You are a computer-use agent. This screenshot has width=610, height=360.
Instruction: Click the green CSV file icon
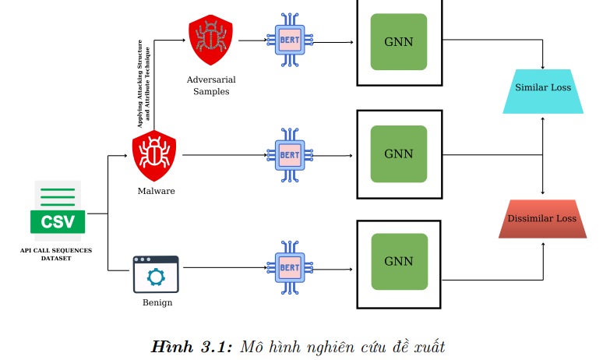pyautogui.click(x=57, y=207)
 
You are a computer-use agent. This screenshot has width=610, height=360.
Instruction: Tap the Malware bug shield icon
pyautogui.click(x=154, y=155)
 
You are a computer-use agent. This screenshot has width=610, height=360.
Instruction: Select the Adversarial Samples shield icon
pyautogui.click(x=210, y=40)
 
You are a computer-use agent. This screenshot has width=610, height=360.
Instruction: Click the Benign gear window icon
pyautogui.click(x=156, y=274)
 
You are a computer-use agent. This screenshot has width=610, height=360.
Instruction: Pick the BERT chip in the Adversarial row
pyautogui.click(x=290, y=41)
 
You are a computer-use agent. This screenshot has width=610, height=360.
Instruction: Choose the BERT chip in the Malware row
pyautogui.click(x=290, y=154)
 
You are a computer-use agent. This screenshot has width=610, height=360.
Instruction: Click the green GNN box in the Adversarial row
pyautogui.click(x=399, y=41)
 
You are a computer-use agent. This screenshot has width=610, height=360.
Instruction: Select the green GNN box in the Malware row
pyautogui.click(x=399, y=154)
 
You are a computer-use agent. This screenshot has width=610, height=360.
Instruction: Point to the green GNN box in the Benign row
pyautogui.click(x=399, y=262)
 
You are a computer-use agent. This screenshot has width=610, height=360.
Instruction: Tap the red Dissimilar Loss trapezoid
pyautogui.click(x=542, y=218)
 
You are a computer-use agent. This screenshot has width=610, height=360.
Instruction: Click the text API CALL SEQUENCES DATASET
pyautogui.click(x=56, y=253)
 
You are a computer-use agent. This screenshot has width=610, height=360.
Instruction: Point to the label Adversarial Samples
pyautogui.click(x=211, y=85)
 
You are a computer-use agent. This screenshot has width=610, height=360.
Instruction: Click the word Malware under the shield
pyautogui.click(x=156, y=191)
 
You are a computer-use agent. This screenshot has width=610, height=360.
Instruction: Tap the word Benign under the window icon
pyautogui.click(x=157, y=302)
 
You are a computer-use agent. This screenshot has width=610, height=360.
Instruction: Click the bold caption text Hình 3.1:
pyautogui.click(x=192, y=345)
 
